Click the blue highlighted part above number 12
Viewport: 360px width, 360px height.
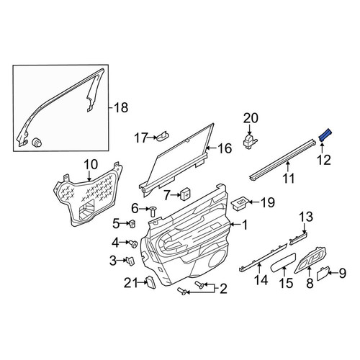click(325, 136)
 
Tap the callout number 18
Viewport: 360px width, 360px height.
click(121, 107)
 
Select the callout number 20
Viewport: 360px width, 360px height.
click(251, 118)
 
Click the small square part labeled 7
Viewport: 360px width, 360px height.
click(185, 193)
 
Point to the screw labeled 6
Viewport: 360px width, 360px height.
click(153, 212)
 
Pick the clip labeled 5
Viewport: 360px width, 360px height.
click(132, 224)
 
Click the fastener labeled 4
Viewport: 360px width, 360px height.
click(132, 244)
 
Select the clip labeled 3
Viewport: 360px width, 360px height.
click(130, 261)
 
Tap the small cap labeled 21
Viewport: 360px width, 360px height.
click(150, 282)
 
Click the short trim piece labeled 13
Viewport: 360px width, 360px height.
click(299, 238)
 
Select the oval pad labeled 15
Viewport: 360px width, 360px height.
click(284, 262)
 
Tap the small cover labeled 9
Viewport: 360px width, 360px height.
click(323, 274)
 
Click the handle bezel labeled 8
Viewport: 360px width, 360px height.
click(311, 260)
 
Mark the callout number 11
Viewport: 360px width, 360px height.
click(288, 178)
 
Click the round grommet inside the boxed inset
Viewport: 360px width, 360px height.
click(37, 143)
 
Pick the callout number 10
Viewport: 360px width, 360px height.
click(91, 165)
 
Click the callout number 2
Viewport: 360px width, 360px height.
click(223, 289)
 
